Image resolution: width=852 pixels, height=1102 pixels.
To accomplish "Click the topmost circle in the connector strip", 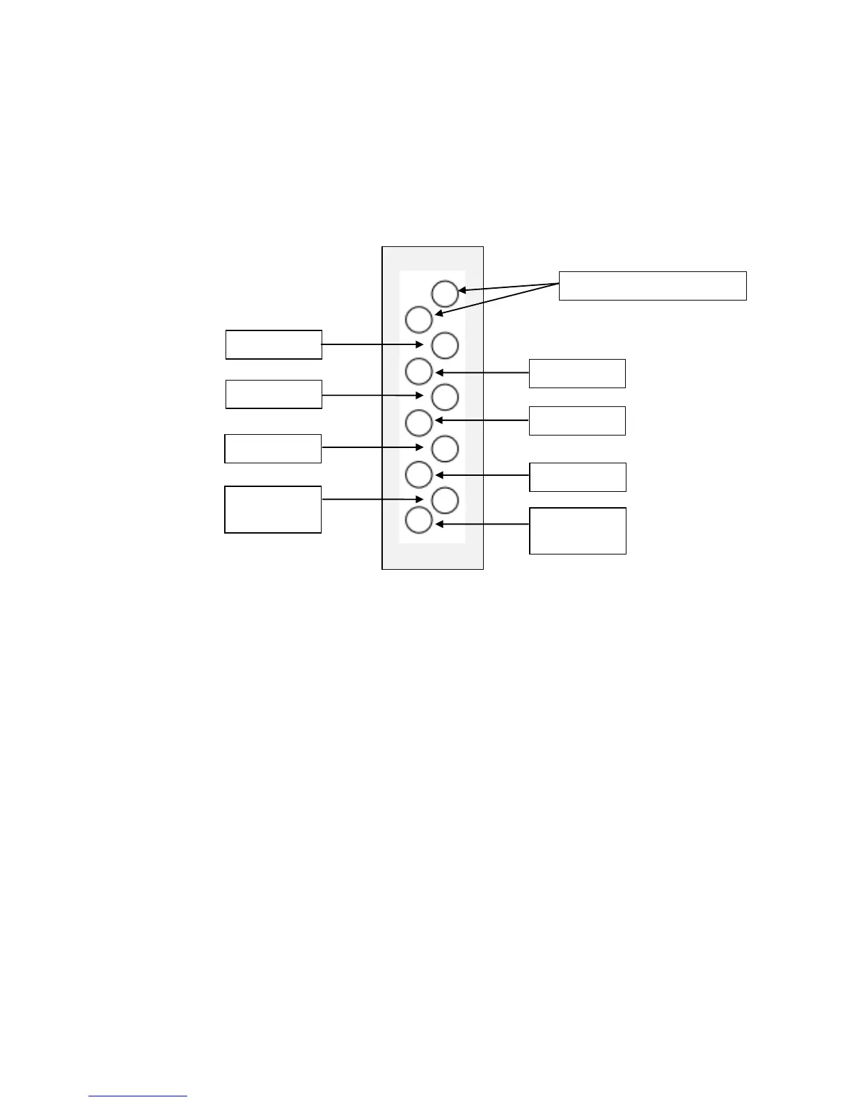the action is click(445, 294).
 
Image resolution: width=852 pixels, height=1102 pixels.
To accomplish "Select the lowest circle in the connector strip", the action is click(418, 520).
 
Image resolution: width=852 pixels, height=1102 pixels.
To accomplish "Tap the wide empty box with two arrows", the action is click(652, 286).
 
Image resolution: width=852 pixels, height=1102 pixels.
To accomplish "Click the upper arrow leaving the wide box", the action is click(508, 287).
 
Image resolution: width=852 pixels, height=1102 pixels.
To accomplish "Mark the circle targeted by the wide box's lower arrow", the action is click(418, 319).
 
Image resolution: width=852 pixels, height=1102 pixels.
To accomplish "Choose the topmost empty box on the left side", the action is click(274, 344).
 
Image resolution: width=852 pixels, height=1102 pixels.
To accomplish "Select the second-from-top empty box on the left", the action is click(274, 394).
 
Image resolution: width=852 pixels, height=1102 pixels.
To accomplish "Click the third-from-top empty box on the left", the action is click(273, 449).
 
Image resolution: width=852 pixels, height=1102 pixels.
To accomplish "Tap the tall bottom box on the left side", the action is click(273, 509).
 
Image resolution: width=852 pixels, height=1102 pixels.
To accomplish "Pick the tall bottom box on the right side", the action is click(578, 531).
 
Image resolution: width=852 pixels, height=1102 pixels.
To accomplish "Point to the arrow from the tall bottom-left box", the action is click(372, 499).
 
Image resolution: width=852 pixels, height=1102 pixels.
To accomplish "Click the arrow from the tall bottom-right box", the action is click(482, 524).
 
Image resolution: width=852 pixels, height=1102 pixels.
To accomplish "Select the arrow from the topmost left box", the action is click(372, 344).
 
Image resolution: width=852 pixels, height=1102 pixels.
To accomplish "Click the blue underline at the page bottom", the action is click(138, 1096).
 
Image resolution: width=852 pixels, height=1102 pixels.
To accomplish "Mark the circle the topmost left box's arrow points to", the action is click(445, 345).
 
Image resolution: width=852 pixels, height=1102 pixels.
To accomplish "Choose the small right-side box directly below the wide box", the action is click(577, 373).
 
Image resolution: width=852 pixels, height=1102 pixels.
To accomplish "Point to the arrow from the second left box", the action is click(372, 395).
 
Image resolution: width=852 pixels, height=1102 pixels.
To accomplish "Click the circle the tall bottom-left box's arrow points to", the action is click(445, 500).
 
